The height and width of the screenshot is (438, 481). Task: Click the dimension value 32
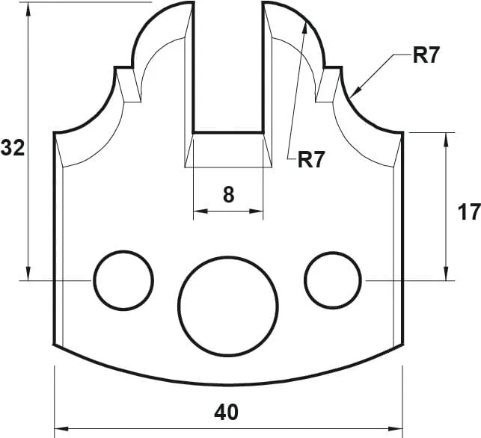click(x=13, y=148)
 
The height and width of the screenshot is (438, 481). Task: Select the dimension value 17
click(x=469, y=212)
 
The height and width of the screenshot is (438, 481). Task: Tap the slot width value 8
click(x=229, y=195)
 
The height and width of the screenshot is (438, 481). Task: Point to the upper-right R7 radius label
click(x=427, y=57)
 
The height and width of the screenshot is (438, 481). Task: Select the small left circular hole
click(x=123, y=280)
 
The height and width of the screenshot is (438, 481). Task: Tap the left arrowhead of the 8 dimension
click(x=197, y=212)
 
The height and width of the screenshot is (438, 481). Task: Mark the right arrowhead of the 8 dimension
click(x=260, y=212)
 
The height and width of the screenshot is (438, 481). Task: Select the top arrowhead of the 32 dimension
click(x=28, y=7)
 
